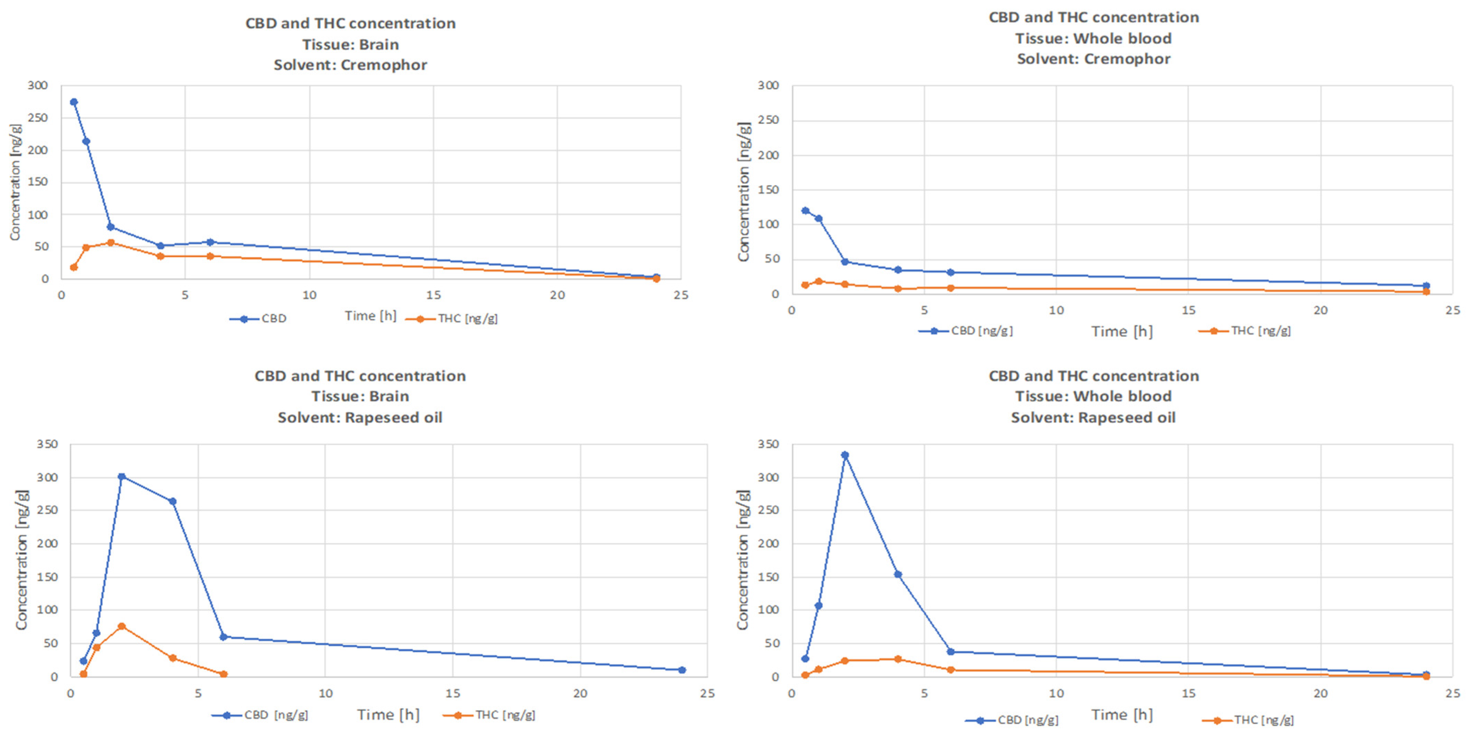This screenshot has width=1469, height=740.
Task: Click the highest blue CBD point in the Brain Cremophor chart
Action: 73,102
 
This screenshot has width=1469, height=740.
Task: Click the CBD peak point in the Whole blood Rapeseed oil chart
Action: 845,455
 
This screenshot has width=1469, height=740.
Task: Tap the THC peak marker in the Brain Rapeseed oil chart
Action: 121,626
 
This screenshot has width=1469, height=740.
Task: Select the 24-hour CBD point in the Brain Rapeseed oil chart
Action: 682,670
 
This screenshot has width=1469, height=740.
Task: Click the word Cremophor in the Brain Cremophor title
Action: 384,65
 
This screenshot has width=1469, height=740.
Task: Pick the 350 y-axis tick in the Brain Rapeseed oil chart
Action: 47,444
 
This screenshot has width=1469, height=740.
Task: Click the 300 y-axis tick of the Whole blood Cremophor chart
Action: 768,86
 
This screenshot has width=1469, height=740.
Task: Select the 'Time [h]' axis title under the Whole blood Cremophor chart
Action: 1122,332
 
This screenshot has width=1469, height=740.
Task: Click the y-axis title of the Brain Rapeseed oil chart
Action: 22,560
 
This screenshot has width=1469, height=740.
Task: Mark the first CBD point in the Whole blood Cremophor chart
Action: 805,210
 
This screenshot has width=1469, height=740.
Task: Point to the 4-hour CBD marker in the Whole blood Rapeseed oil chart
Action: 898,574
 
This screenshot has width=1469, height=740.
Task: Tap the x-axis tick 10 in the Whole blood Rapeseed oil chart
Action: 1056,693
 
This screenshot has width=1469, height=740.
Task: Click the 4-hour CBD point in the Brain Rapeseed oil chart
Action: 172,502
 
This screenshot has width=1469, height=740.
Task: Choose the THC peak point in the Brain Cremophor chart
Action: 111,243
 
